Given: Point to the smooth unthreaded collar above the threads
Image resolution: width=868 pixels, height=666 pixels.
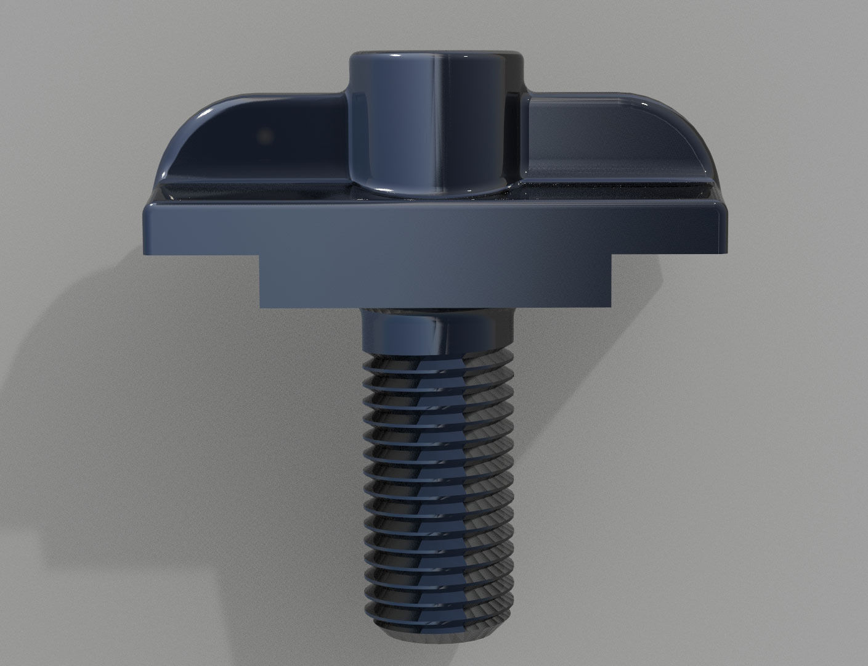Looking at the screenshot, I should click(437, 333).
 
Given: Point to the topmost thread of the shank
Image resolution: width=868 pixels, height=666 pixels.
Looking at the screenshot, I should click(437, 361).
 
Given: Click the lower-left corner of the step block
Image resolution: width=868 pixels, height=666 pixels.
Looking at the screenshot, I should click(261, 305).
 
